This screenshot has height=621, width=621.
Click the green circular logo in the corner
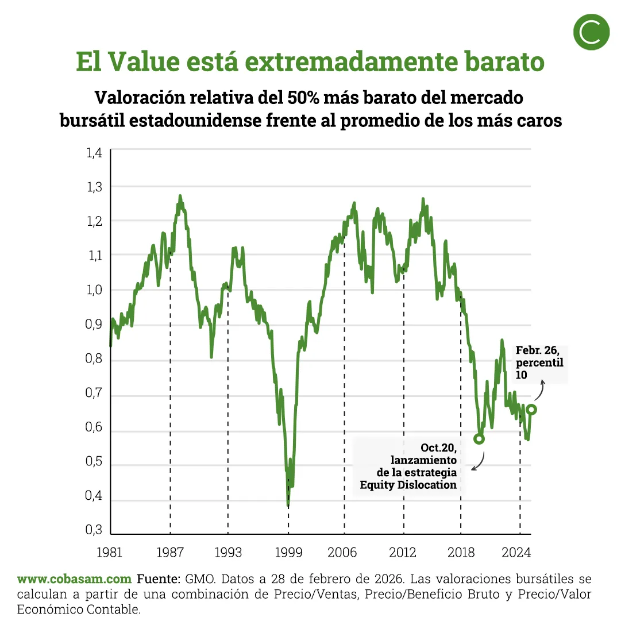(x=591, y=33)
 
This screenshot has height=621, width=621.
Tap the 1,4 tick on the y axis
(x=94, y=153)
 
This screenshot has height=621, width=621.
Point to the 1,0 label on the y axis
(x=94, y=290)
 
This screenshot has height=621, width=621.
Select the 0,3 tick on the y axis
(x=94, y=530)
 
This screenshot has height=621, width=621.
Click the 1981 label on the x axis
(x=109, y=553)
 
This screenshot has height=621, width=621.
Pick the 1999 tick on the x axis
(x=288, y=553)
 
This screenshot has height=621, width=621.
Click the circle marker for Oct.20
(x=479, y=438)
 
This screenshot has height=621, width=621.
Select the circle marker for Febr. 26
(x=531, y=409)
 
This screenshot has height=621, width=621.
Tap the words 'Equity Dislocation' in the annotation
(x=408, y=485)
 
